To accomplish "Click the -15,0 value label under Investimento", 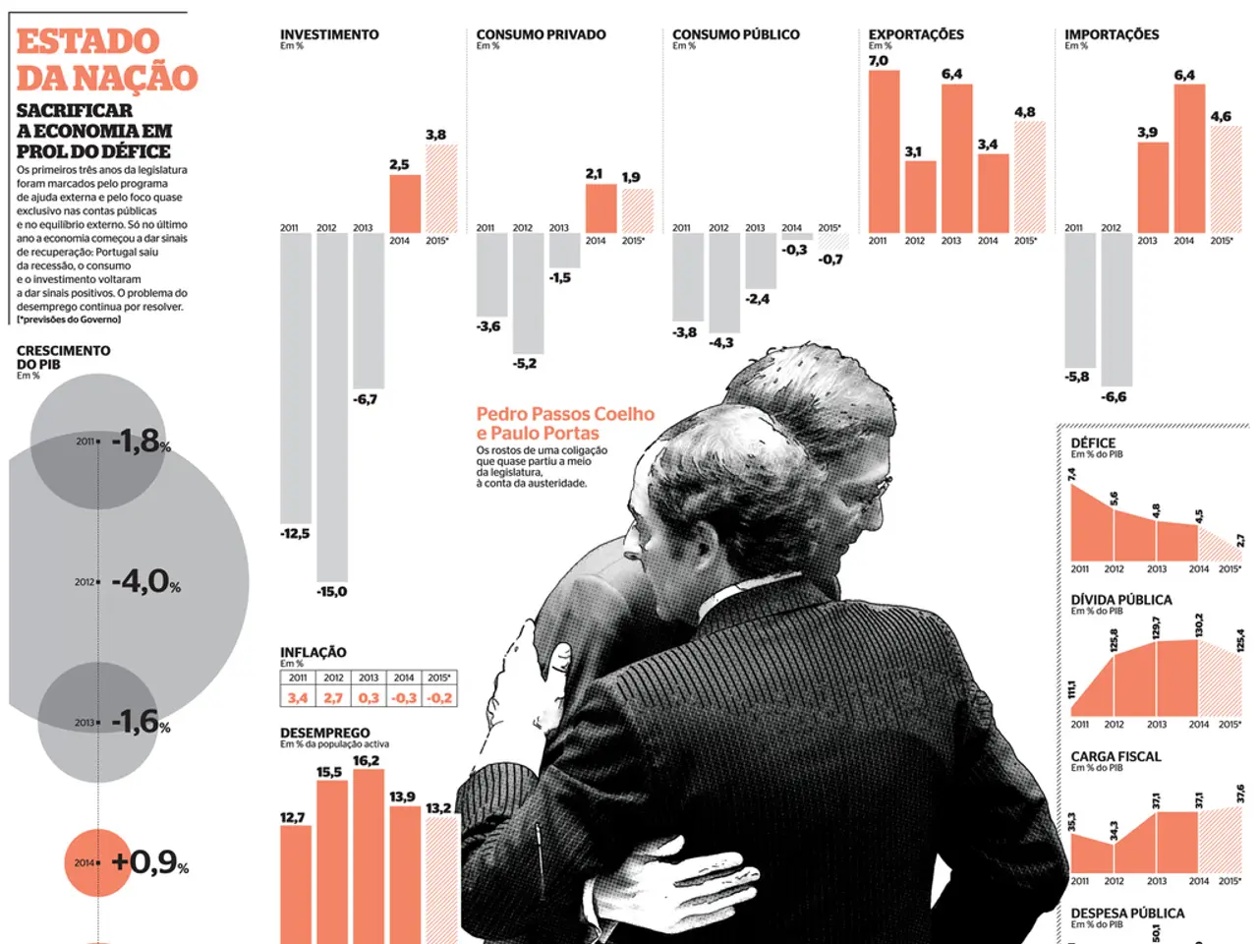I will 331,592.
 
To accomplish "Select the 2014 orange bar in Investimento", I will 405,204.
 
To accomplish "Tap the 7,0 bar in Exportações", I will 884,151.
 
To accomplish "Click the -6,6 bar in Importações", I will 1116,309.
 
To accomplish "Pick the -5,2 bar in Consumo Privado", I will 528,293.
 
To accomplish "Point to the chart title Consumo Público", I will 735,34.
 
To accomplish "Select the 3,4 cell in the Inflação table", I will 298,697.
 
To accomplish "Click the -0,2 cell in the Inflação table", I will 439,697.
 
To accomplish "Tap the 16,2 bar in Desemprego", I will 368,855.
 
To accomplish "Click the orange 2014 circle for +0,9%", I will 97,862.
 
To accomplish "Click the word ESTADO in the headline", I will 87,41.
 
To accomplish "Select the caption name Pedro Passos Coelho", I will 565,414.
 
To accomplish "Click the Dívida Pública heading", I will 1121,600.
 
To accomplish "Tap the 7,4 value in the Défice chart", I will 1071,474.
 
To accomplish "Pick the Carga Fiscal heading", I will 1115,756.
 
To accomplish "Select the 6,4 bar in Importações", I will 1189,158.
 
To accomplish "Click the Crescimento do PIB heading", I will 63,357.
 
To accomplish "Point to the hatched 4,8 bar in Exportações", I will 1029,177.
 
